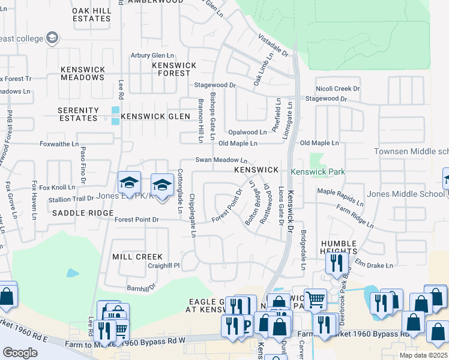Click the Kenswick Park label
[318, 172]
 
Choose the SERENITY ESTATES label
[77, 114]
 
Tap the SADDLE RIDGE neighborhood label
[82, 213]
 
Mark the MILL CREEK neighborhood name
[137, 256]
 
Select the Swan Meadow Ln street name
[221, 160]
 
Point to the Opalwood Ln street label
[247, 132]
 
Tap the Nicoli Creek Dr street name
[338, 88]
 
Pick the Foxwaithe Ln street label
[58, 144]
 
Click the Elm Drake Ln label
[373, 265]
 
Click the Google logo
[20, 353]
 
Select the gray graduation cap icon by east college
[52, 38]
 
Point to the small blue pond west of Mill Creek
[73, 274]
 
